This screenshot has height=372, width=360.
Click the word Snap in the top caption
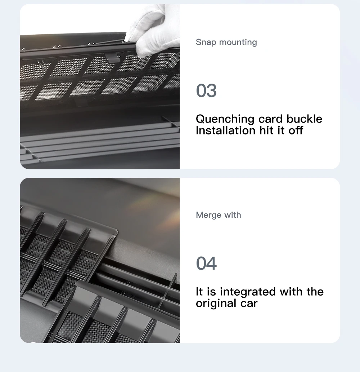point(206,42)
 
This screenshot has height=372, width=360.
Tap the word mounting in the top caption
point(238,43)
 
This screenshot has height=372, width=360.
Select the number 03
point(206,90)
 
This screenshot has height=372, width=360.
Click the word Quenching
point(225,119)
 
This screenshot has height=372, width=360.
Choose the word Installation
point(226,130)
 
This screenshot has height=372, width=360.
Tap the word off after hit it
point(296,130)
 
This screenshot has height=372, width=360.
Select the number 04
point(206,263)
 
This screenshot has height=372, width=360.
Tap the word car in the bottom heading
point(249,304)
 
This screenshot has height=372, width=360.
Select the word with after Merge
point(233,215)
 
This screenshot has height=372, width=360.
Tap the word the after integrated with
point(315,292)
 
